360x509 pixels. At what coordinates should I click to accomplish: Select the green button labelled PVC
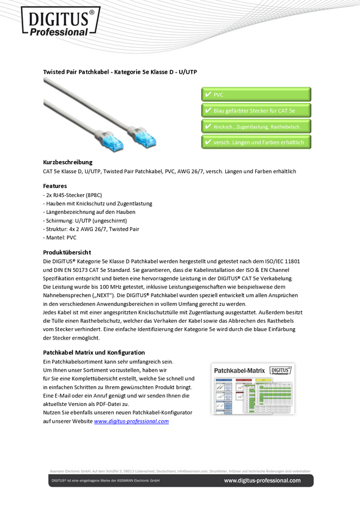(256, 95)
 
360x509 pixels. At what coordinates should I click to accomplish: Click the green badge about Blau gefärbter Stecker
(256, 111)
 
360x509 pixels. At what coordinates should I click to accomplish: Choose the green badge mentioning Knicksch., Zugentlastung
(256, 126)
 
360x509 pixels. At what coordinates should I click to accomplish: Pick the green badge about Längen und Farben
(256, 143)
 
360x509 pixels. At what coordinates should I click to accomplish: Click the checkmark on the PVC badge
(207, 95)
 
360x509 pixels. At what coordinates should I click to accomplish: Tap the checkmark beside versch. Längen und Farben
(207, 143)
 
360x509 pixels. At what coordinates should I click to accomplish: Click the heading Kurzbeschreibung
(68, 162)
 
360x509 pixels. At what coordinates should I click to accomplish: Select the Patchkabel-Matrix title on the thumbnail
(240, 371)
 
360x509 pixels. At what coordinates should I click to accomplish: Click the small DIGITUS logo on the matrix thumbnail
(280, 371)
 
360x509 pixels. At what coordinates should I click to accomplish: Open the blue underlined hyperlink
(132, 421)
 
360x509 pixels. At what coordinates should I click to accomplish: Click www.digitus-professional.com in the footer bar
(262, 480)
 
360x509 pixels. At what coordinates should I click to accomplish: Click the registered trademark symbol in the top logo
(92, 12)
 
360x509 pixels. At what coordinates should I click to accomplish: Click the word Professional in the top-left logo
(62, 31)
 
